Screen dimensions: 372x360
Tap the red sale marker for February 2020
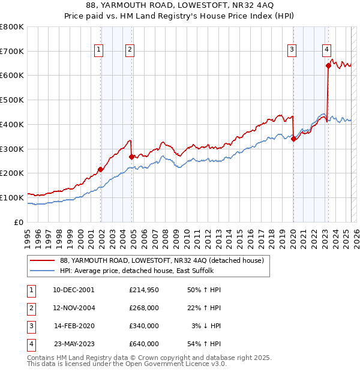coord(293,139)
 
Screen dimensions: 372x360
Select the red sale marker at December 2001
coord(101,169)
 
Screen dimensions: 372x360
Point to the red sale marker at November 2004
coord(131,156)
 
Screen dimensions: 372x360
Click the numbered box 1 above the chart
coord(98,50)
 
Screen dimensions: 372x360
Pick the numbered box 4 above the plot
coord(326,50)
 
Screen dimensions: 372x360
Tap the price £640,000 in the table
coord(144,344)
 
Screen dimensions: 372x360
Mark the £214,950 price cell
coord(144,290)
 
